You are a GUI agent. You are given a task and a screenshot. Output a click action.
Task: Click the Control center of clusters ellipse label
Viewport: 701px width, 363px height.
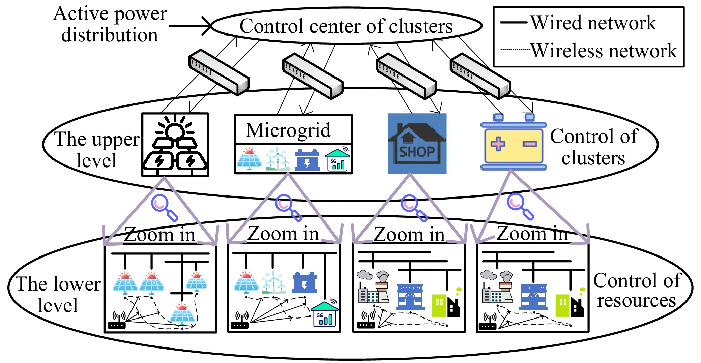pyautogui.click(x=346, y=26)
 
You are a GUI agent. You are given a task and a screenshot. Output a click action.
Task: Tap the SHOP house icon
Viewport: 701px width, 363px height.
pyautogui.click(x=417, y=144)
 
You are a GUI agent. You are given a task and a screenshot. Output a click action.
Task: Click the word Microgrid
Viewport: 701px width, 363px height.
pyautogui.click(x=288, y=130)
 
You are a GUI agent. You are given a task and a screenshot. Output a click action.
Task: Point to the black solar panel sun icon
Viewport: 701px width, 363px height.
pyautogui.click(x=175, y=145)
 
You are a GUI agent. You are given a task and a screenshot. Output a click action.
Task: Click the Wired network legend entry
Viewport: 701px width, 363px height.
pyautogui.click(x=579, y=23)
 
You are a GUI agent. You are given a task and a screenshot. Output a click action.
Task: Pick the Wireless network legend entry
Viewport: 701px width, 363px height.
pyautogui.click(x=589, y=51)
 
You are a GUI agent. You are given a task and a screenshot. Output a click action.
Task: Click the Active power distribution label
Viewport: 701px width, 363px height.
pyautogui.click(x=110, y=24)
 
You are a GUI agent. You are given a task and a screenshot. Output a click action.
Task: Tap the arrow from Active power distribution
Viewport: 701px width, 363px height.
pyautogui.click(x=191, y=26)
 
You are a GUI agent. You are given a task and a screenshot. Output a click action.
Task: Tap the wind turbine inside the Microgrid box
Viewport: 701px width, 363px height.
pyautogui.click(x=277, y=159)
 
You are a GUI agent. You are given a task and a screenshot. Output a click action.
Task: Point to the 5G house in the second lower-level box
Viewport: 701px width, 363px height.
pyautogui.click(x=324, y=314)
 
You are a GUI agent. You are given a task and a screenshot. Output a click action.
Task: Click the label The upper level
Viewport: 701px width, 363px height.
pyautogui.click(x=97, y=149)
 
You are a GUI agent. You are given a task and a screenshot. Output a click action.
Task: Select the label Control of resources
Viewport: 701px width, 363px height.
pyautogui.click(x=637, y=290)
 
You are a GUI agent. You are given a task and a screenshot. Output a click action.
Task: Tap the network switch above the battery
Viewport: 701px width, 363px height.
pyautogui.click(x=480, y=76)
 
